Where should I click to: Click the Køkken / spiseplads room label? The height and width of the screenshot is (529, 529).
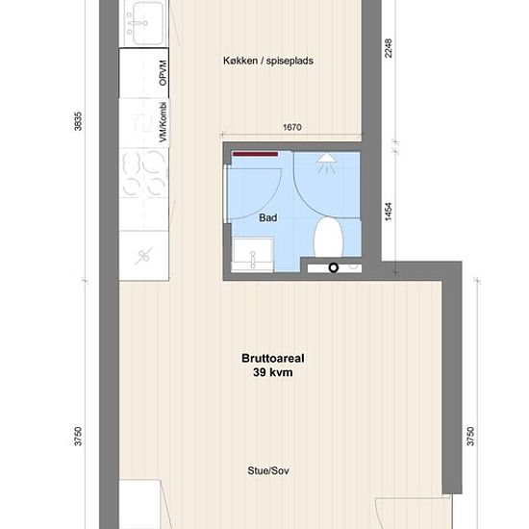click(x=268, y=61)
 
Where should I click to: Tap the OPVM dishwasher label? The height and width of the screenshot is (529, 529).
click(x=163, y=73)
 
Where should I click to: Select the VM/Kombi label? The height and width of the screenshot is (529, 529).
click(x=164, y=122)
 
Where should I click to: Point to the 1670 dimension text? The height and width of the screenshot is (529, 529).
click(x=292, y=127)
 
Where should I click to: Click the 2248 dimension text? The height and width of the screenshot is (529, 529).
click(x=389, y=48)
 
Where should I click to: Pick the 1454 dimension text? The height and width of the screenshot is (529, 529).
click(x=389, y=212)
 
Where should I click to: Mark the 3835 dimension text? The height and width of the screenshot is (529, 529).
click(x=78, y=121)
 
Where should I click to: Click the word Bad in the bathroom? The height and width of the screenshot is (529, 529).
click(x=268, y=217)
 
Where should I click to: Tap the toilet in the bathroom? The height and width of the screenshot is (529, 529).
click(x=329, y=237)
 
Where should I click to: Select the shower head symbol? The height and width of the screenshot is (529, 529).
click(x=327, y=163)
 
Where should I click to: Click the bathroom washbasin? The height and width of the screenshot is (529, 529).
click(x=252, y=255)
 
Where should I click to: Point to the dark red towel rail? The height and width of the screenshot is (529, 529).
click(x=256, y=154)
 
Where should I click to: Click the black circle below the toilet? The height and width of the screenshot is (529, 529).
click(x=334, y=268)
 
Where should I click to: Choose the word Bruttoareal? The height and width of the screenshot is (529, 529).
click(x=273, y=358)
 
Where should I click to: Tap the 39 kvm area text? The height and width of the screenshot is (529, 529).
click(x=273, y=372)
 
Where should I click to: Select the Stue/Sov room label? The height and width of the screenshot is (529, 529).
click(x=268, y=470)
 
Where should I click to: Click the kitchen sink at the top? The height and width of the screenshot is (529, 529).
click(x=144, y=23)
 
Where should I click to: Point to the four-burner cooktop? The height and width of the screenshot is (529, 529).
click(x=144, y=173)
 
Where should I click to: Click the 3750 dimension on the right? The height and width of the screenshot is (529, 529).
click(x=470, y=437)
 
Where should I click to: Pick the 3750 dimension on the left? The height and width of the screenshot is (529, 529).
click(x=78, y=437)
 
